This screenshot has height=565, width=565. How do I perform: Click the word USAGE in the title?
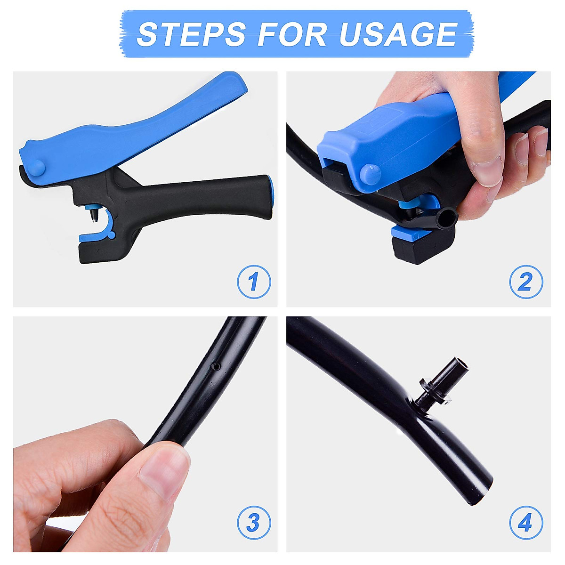[398, 34]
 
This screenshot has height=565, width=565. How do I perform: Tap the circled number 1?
[254, 282]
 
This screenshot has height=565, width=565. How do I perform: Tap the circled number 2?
[526, 282]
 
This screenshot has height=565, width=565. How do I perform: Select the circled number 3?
[254, 522]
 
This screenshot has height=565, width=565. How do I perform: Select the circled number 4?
[526, 522]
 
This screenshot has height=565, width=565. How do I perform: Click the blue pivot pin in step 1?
[36, 169]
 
